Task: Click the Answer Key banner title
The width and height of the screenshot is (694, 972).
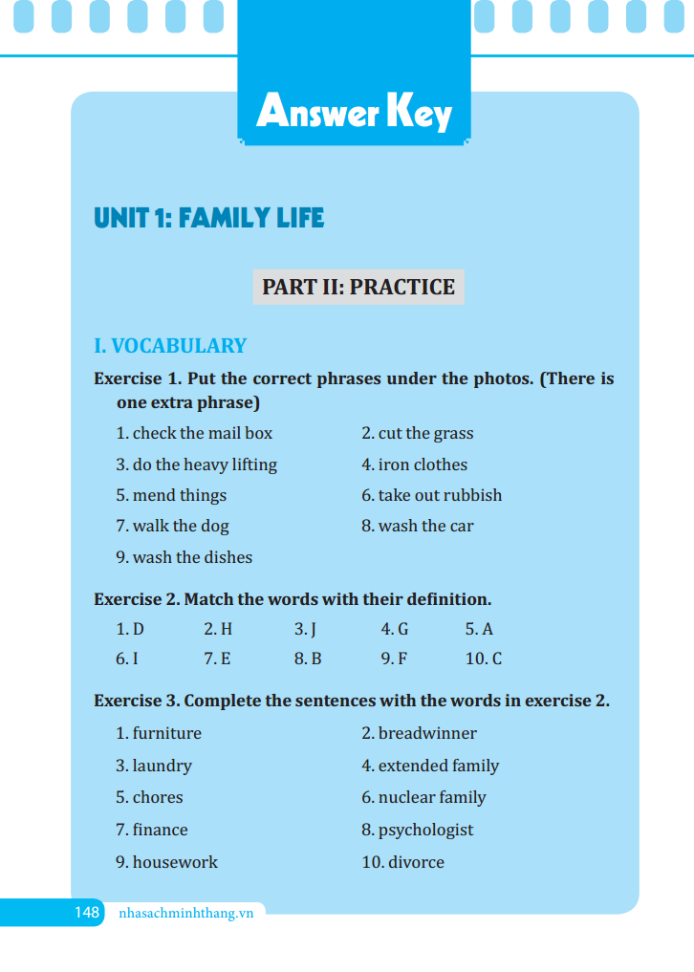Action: click(x=354, y=113)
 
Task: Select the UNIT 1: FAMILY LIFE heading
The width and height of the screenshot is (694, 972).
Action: click(x=209, y=219)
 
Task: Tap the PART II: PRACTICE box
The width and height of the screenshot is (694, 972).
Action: click(x=358, y=287)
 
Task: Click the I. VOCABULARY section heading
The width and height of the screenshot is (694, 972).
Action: click(x=170, y=346)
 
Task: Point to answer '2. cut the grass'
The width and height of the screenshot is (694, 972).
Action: click(x=417, y=434)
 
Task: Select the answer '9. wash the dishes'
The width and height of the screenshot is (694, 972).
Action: click(x=184, y=557)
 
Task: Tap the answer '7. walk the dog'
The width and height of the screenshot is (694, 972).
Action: click(x=172, y=526)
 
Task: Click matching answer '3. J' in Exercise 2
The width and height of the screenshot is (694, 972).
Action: click(x=305, y=630)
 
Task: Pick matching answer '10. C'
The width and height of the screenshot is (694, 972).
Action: click(x=483, y=659)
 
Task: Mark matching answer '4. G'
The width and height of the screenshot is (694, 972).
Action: click(x=394, y=630)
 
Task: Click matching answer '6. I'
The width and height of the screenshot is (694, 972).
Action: click(x=127, y=659)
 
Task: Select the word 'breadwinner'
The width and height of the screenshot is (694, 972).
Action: click(x=426, y=734)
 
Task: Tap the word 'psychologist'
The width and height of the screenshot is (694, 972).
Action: click(x=424, y=830)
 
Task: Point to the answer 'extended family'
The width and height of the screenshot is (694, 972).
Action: click(x=438, y=766)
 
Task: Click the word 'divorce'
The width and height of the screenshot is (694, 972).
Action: click(x=416, y=862)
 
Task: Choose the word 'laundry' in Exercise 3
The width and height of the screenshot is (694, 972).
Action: click(x=162, y=766)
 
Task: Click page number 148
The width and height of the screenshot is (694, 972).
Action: click(x=87, y=913)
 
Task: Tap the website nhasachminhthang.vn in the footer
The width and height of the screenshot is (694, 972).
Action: click(x=185, y=913)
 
